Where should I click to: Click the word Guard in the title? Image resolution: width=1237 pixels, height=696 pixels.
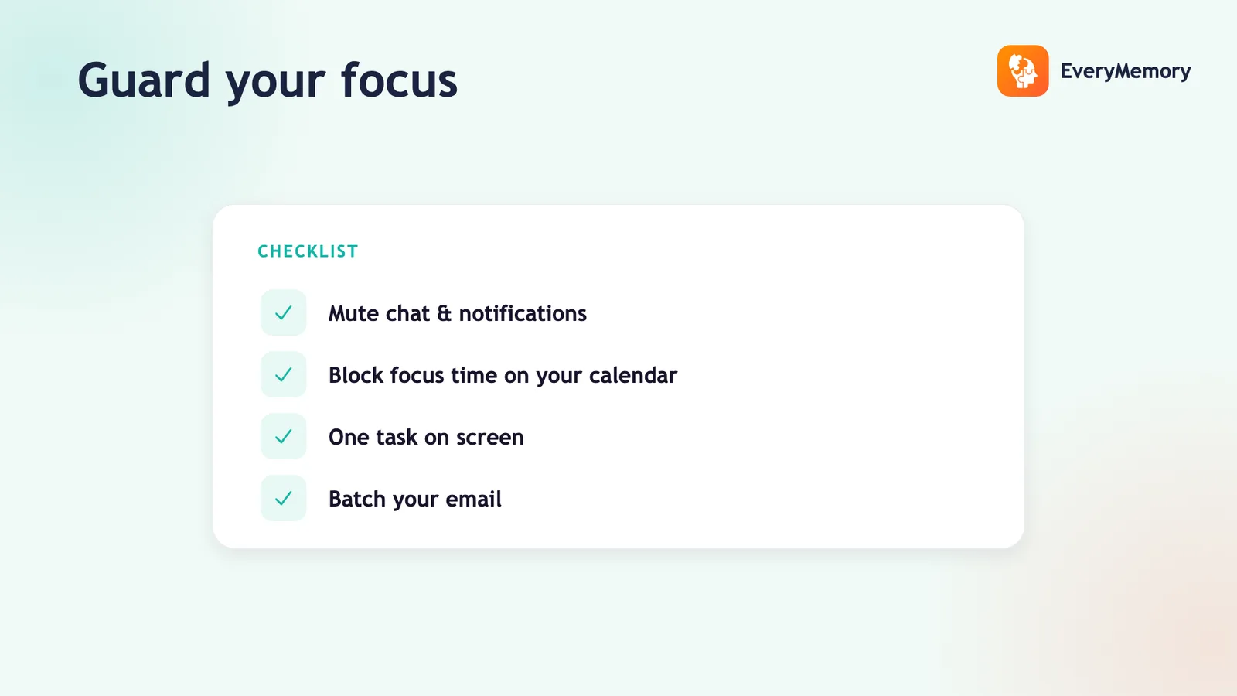[144, 80]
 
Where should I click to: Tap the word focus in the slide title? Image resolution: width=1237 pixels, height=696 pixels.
[399, 80]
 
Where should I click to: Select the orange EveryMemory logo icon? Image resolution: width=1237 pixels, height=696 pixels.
[1023, 70]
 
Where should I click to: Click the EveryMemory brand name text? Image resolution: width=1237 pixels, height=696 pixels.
[1126, 71]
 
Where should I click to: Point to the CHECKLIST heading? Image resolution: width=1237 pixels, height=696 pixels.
[308, 251]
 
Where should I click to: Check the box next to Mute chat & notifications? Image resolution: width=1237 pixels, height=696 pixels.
[283, 312]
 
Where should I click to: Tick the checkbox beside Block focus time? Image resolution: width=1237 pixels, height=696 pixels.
[283, 374]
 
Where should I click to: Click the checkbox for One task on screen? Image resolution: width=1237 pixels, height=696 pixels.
[283, 436]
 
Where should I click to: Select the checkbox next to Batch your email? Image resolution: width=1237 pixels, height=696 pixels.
[283, 498]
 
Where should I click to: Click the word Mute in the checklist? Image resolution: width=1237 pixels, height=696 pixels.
[353, 313]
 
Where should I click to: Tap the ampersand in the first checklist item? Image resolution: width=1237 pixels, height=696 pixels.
[444, 313]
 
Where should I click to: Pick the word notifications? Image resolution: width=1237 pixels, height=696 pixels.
[523, 313]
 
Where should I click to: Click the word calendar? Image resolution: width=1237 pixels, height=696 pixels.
[633, 375]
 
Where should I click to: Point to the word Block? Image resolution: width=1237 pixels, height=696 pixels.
[356, 375]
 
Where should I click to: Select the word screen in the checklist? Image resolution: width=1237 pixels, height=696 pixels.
[490, 438]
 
